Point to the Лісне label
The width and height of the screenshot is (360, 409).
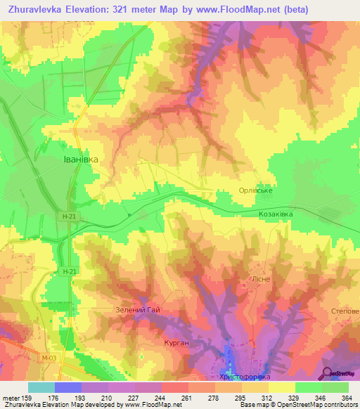pos(251,279)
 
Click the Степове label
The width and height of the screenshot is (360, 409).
pos(345,311)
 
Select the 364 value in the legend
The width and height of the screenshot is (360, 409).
pos(346,397)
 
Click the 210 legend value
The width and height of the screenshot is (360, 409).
pos(105,397)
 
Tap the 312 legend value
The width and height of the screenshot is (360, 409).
pos(266,397)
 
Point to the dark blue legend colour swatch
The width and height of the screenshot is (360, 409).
pos(68,387)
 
